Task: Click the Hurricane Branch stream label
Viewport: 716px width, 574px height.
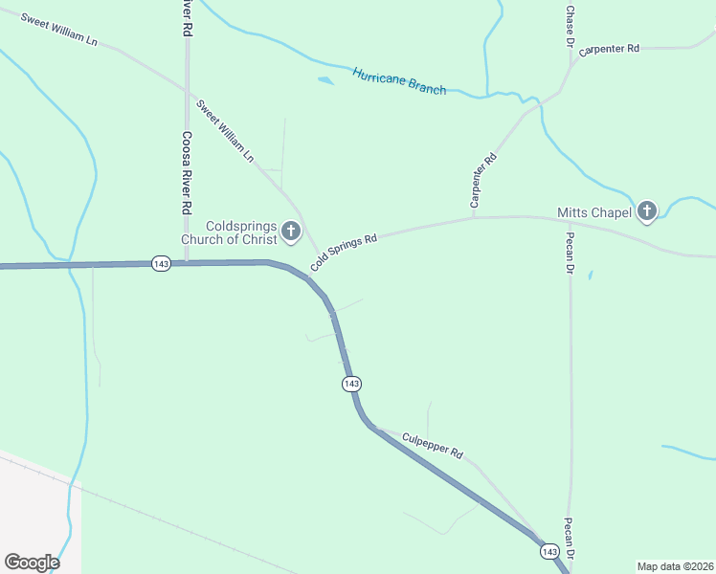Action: pos(399,81)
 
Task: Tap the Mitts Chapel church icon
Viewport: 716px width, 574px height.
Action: pos(647,211)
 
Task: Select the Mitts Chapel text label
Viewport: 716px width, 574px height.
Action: pos(594,212)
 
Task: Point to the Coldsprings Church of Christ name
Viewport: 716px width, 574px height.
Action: pos(229,232)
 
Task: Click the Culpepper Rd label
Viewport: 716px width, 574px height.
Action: pos(433,445)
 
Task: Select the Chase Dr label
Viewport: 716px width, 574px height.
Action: pos(570,27)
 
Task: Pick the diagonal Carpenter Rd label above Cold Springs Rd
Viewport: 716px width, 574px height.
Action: pos(482,181)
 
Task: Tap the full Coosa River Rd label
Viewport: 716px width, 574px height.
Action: pos(187,172)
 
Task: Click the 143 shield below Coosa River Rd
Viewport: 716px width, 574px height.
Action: pos(161,263)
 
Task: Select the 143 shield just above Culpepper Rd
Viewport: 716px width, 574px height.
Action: pos(351,384)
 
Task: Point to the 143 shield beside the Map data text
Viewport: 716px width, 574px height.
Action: pos(549,552)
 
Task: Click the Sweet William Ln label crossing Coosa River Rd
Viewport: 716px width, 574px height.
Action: pos(226,129)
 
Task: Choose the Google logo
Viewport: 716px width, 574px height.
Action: pos(32,562)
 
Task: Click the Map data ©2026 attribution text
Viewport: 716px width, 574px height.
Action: pos(675,565)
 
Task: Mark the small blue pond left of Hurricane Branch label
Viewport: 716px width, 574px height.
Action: pos(326,80)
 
